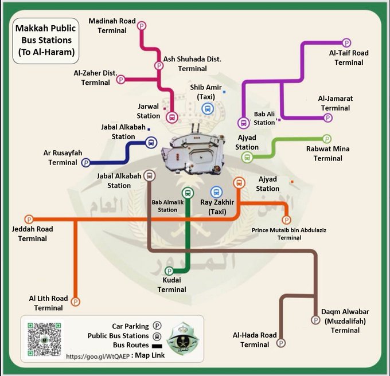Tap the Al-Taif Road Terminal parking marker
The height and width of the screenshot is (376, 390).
point(346,42)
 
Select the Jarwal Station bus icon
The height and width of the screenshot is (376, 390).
point(171,117)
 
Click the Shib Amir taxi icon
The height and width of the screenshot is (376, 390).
point(207,108)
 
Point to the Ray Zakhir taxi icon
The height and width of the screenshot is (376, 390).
point(216,192)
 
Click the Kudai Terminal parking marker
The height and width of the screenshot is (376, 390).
point(169,271)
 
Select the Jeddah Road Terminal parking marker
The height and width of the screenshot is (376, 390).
point(29,219)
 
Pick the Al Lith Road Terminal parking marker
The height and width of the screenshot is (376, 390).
point(75,301)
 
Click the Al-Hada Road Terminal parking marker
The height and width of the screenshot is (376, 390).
point(281,343)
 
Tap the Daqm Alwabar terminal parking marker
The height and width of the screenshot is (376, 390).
point(315,319)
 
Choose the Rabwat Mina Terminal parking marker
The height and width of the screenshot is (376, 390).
point(327,139)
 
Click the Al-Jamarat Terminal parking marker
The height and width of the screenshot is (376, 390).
point(328,117)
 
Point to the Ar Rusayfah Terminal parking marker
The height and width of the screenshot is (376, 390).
point(86,163)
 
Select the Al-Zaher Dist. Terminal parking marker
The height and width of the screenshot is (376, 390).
point(120,80)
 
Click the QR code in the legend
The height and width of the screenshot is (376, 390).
point(44,339)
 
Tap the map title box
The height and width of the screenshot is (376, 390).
point(44,41)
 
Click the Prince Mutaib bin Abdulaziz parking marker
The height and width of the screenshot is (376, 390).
point(287,220)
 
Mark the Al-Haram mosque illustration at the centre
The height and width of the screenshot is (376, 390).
point(193,152)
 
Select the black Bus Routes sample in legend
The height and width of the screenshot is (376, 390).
point(157,346)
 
